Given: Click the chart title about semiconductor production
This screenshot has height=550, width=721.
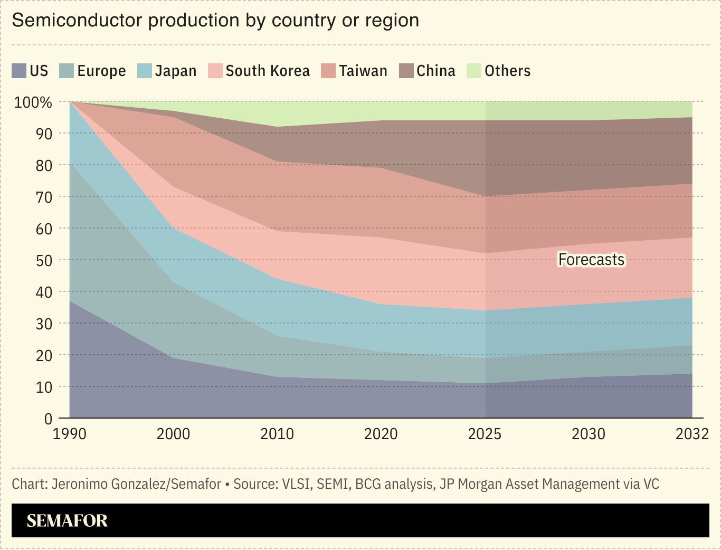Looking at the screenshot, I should [x=215, y=21].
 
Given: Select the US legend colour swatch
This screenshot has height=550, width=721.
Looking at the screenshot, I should [x=19, y=71].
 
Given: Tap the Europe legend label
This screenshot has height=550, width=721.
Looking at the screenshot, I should [x=101, y=71].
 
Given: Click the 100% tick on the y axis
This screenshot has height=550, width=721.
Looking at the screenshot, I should [x=33, y=102].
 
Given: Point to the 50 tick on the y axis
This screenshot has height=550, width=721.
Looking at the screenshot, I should [x=44, y=260].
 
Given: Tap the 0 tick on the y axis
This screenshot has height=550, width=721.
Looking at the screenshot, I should [x=48, y=419].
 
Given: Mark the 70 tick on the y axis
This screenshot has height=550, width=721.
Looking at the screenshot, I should [x=44, y=197].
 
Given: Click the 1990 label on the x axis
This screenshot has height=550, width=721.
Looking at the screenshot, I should [x=70, y=434].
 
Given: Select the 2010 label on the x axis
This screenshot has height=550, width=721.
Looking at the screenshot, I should [x=277, y=434].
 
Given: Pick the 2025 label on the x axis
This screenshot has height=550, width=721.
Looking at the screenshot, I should [x=485, y=434].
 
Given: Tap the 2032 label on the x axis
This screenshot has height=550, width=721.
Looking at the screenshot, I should [x=692, y=434].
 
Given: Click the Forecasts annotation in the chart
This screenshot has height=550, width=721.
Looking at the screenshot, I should [x=591, y=260].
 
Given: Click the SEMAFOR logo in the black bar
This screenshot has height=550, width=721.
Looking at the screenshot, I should [x=67, y=521].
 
